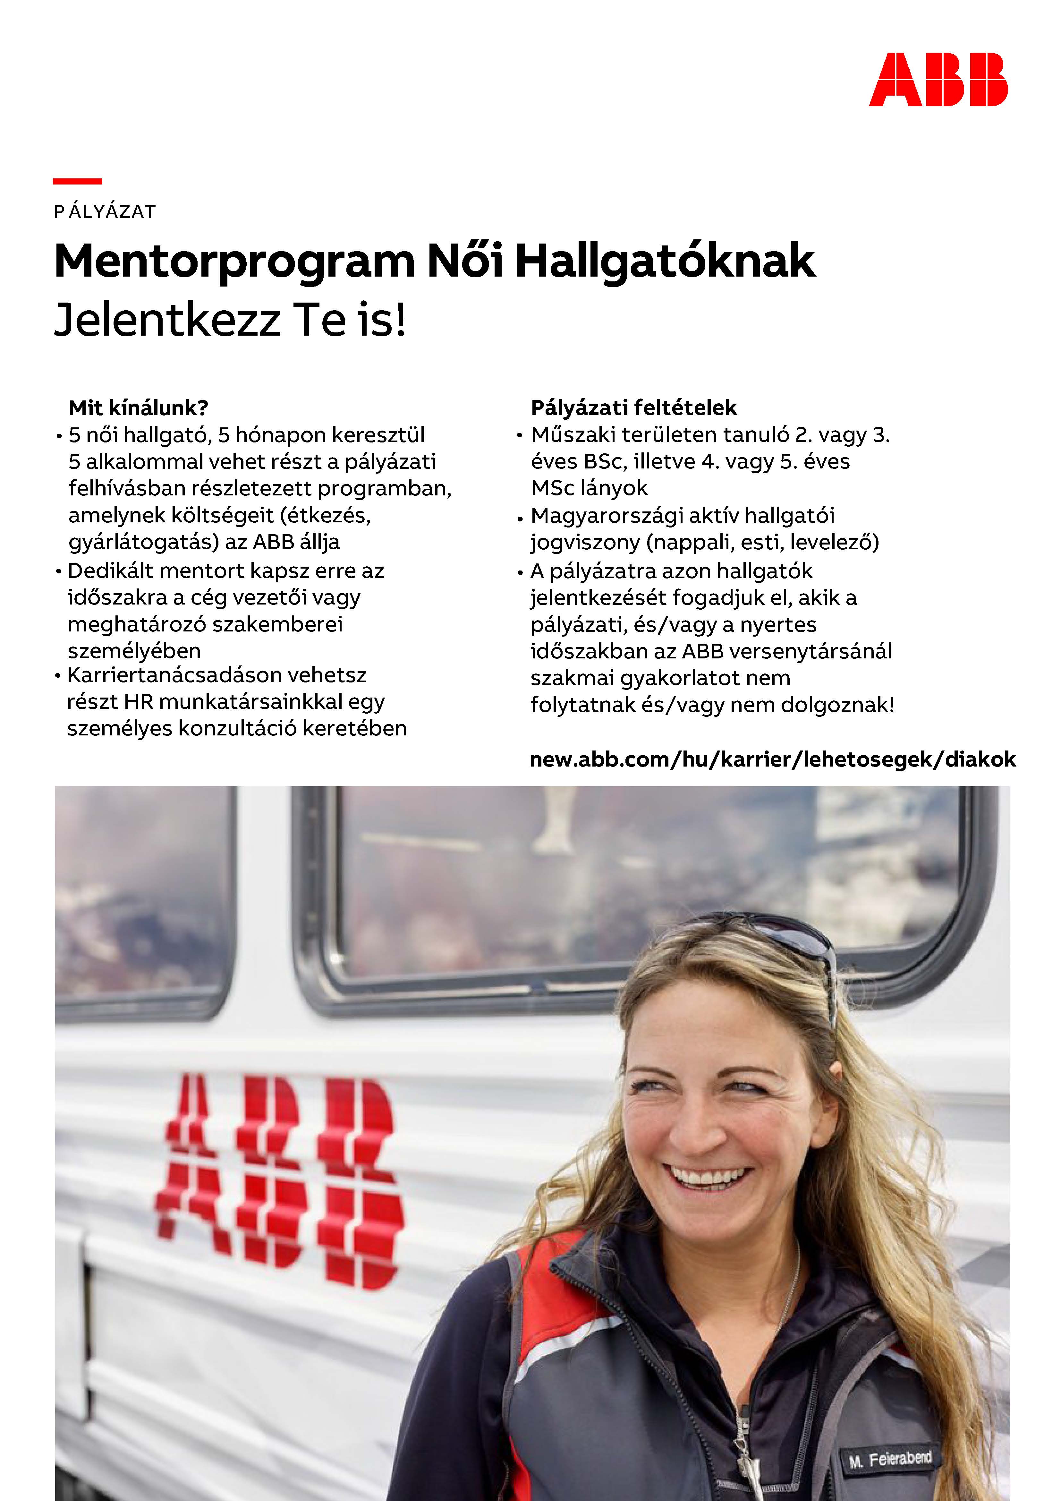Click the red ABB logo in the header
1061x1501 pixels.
[938, 80]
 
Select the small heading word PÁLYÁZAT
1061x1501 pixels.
[105, 212]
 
